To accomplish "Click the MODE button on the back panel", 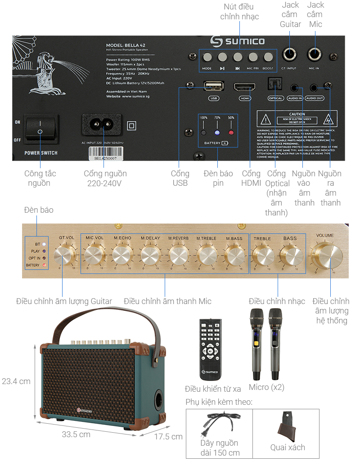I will click(207, 58).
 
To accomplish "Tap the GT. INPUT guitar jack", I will click(289, 55).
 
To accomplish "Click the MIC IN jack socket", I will click(314, 55).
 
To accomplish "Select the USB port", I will click(214, 86).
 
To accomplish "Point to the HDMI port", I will click(244, 87).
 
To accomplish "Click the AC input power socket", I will click(101, 124).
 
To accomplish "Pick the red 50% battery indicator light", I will click(231, 133).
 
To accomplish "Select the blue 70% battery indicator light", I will click(217, 133).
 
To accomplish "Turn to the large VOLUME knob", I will click(327, 255).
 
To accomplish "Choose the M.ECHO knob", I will click(122, 255).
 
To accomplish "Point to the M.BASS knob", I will click(235, 255).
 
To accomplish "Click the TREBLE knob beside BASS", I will click(263, 255).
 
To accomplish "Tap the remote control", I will click(211, 349).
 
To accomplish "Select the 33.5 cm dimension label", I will click(76, 434).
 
